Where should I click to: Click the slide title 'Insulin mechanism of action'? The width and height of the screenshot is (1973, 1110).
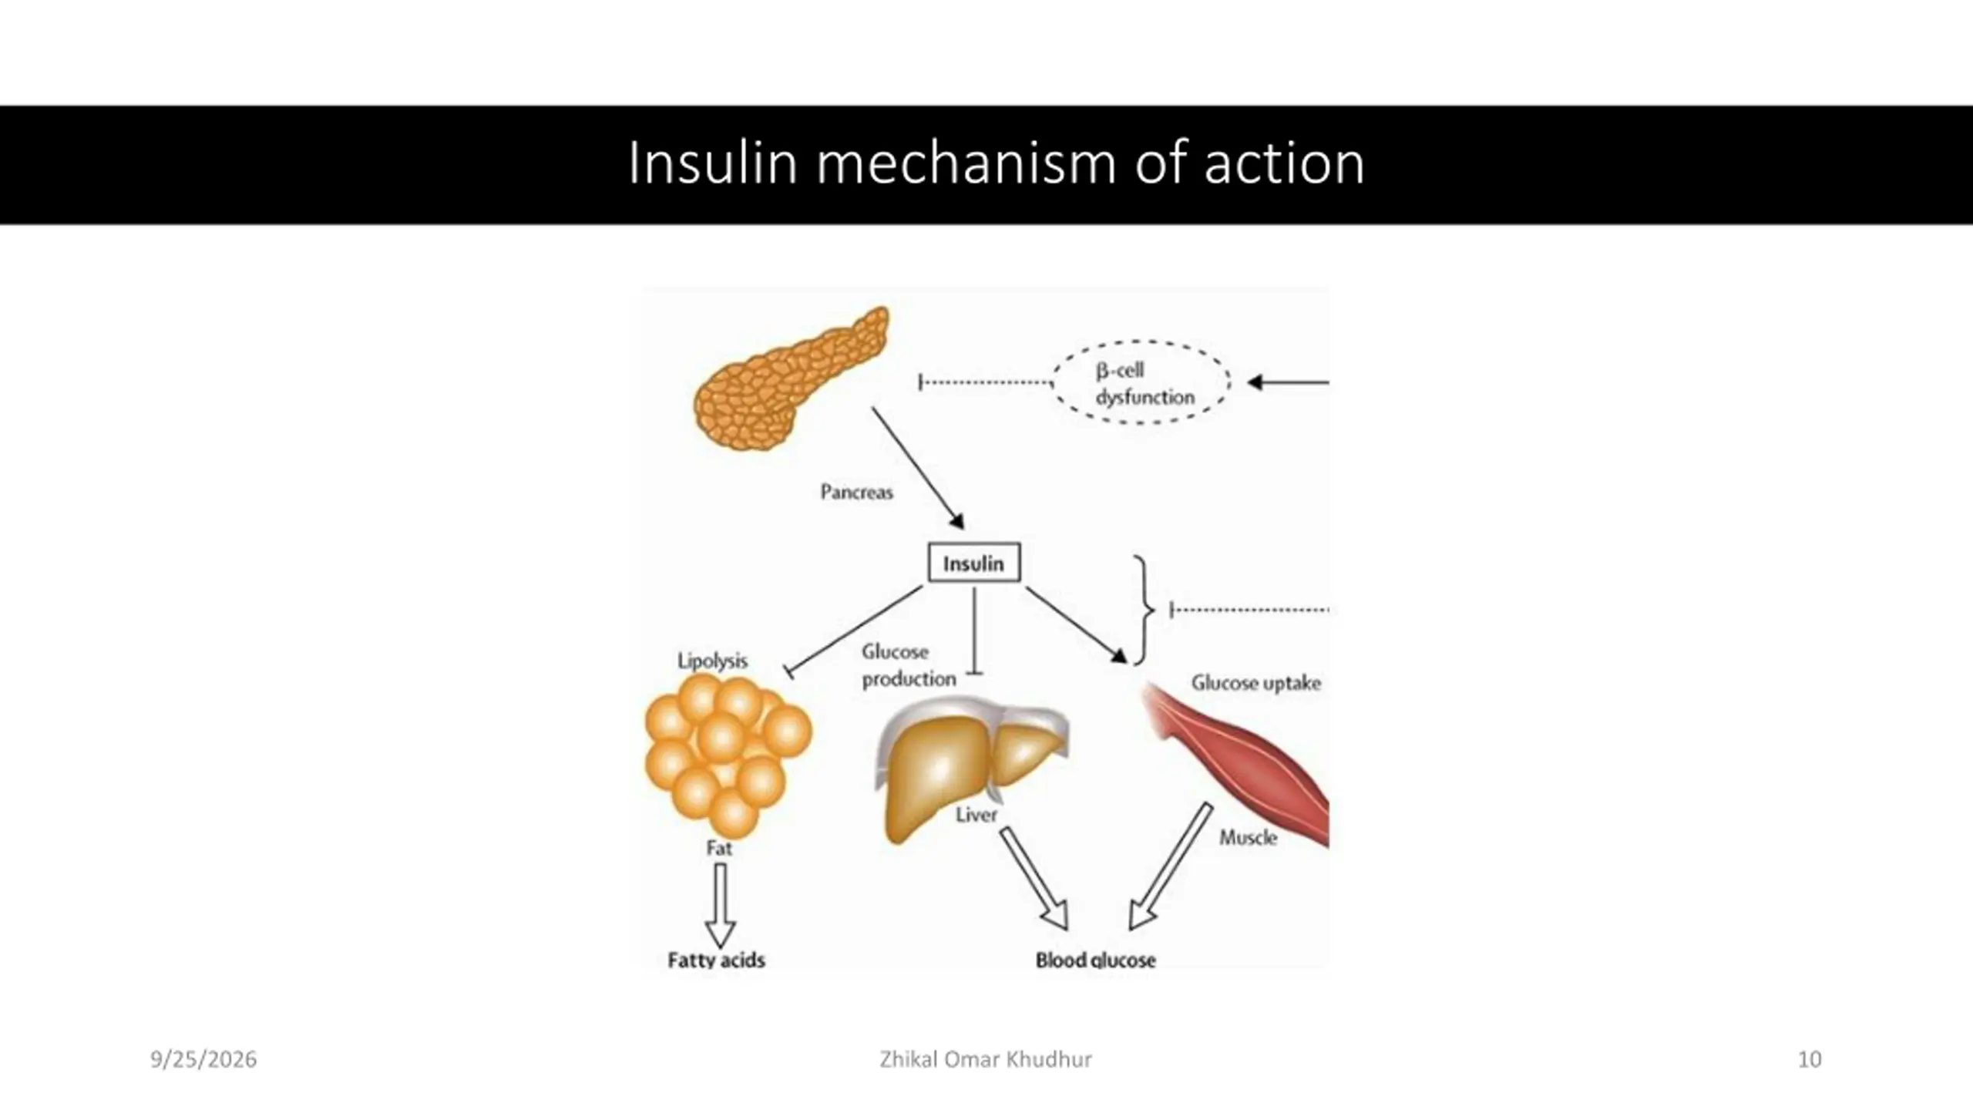point(996,163)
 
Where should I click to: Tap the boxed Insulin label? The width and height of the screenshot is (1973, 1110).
point(974,563)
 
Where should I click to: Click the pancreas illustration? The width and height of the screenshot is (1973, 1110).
point(791,381)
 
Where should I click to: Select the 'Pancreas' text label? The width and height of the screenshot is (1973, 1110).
point(856,492)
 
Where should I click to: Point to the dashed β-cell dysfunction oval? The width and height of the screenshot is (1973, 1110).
point(1141,341)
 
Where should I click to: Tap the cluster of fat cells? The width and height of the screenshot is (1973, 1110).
point(728,755)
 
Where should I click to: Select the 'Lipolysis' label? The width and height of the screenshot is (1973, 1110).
point(712,661)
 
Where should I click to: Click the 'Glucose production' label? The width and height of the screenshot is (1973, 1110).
point(909,665)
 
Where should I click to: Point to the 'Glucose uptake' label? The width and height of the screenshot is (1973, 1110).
point(1255,683)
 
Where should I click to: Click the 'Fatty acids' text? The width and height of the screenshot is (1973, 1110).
point(716,960)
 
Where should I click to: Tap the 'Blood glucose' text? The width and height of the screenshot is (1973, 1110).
point(1095,960)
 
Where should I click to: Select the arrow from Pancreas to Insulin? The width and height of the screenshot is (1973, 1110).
point(918,469)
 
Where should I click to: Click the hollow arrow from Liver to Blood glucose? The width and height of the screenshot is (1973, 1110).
point(1034,879)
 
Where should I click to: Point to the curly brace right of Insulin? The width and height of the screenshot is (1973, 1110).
point(1144,609)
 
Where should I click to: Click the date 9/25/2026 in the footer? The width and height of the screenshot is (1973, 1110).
point(203,1060)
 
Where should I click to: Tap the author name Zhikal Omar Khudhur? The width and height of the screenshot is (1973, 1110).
point(986,1060)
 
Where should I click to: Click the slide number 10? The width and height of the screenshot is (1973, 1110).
point(1810,1060)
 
